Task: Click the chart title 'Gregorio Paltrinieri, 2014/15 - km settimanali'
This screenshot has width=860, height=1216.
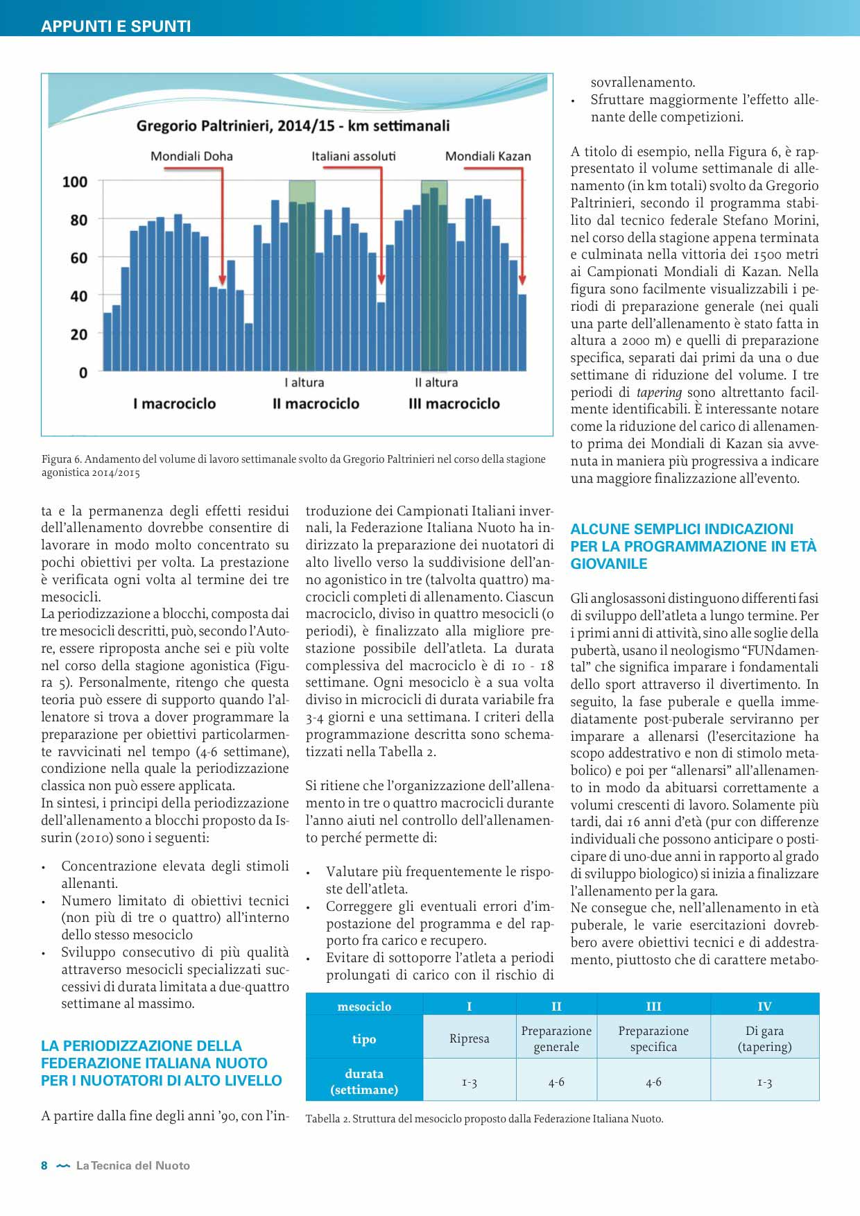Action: [x=293, y=126]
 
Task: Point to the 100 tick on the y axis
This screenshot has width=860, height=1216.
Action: [x=75, y=182]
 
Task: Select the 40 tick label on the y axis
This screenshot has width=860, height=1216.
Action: [x=78, y=296]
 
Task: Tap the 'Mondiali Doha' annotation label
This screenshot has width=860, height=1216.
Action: [x=191, y=156]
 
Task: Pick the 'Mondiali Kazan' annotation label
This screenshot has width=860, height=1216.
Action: [x=488, y=156]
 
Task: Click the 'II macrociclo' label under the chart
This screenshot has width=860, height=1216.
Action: [x=316, y=404]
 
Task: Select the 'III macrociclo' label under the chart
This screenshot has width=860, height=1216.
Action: [x=454, y=404]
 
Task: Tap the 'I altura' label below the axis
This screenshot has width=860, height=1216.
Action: [x=304, y=382]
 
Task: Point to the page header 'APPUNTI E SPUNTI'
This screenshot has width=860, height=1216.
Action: [x=116, y=26]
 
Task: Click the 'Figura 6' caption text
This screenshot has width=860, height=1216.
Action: [x=293, y=465]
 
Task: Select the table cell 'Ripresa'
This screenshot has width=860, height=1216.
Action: [x=469, y=1038]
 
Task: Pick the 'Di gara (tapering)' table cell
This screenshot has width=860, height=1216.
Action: [x=764, y=1038]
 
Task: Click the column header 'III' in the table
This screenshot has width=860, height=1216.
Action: [x=653, y=1006]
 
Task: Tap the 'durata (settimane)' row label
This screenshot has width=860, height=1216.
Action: [x=364, y=1081]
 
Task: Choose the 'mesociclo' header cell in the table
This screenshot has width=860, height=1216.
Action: [x=364, y=1006]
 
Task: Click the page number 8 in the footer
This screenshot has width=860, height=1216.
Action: [x=44, y=1165]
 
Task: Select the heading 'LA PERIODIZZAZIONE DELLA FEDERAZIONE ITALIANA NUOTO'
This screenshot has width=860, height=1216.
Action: [x=161, y=1063]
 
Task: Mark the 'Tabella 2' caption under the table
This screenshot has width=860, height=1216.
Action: [x=484, y=1118]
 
